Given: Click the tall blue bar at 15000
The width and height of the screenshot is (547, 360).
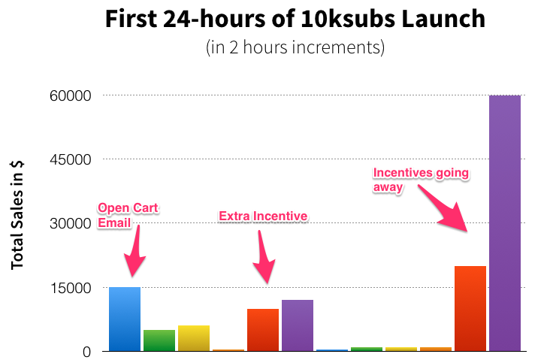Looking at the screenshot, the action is [x=125, y=319].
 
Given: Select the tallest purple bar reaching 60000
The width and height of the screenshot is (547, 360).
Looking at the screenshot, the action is [x=505, y=223].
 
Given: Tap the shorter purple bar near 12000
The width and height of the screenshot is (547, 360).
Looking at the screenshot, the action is [x=298, y=325].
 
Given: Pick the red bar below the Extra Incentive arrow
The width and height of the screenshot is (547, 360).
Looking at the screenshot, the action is [x=263, y=330].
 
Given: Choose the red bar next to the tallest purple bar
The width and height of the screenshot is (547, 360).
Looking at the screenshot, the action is [x=470, y=308].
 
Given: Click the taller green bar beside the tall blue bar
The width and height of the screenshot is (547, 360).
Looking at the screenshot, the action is [x=159, y=340].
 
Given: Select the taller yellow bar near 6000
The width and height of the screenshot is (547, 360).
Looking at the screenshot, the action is [x=194, y=338].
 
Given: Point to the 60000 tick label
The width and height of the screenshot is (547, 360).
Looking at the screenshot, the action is [x=71, y=95].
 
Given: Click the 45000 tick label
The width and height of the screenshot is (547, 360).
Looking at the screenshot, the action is [x=71, y=159].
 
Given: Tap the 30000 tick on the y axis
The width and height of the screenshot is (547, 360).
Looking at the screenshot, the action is [x=71, y=224].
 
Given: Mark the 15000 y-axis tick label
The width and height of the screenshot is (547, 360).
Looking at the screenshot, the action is [x=71, y=288].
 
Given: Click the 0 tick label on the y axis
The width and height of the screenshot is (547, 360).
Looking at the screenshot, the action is [x=86, y=352].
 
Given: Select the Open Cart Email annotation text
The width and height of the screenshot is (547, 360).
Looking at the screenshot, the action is [x=128, y=215].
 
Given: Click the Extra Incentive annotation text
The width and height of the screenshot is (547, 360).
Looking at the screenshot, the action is [x=263, y=216].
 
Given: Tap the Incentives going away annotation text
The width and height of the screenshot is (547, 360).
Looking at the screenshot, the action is [x=421, y=180].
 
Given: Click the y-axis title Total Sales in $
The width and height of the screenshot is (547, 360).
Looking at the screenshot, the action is [x=17, y=215].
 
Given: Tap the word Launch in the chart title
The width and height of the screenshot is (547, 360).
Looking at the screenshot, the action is [x=443, y=19].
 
